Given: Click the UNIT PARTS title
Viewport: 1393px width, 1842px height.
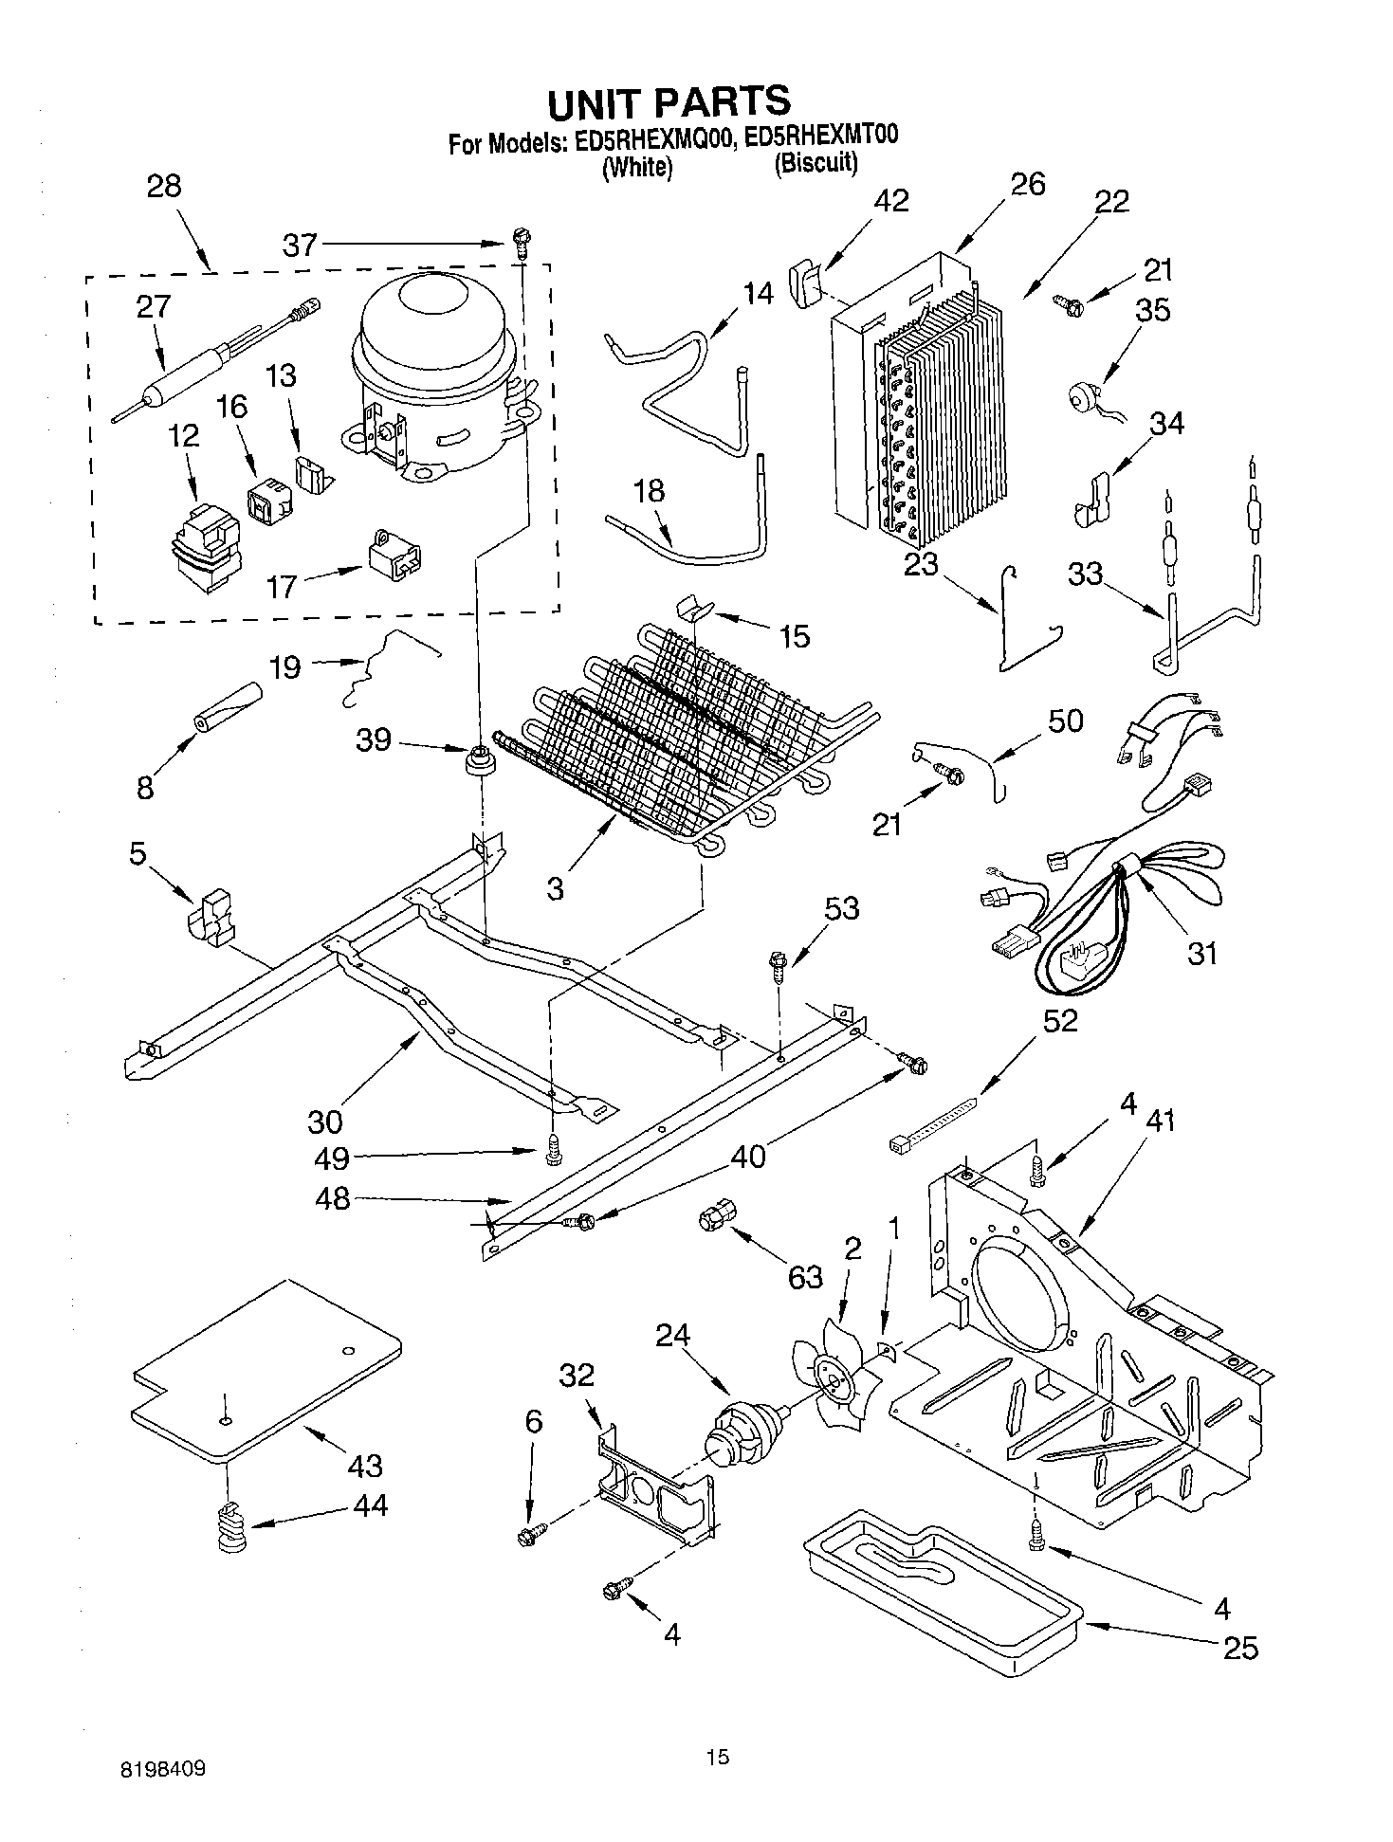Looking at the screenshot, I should [x=669, y=100].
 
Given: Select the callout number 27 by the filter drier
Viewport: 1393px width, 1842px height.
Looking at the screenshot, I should [x=153, y=306].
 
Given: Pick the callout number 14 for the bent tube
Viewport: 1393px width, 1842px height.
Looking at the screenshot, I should [x=758, y=294].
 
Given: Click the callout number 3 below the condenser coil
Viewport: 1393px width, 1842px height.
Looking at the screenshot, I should [x=555, y=888].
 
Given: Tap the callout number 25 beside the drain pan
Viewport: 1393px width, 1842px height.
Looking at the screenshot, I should [x=1240, y=1648].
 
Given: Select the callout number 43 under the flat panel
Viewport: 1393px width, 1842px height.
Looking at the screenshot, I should [x=364, y=1465].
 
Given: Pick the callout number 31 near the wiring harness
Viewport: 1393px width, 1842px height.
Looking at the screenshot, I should [x=1201, y=953].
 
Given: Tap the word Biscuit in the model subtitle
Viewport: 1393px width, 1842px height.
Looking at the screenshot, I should [x=815, y=163].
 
